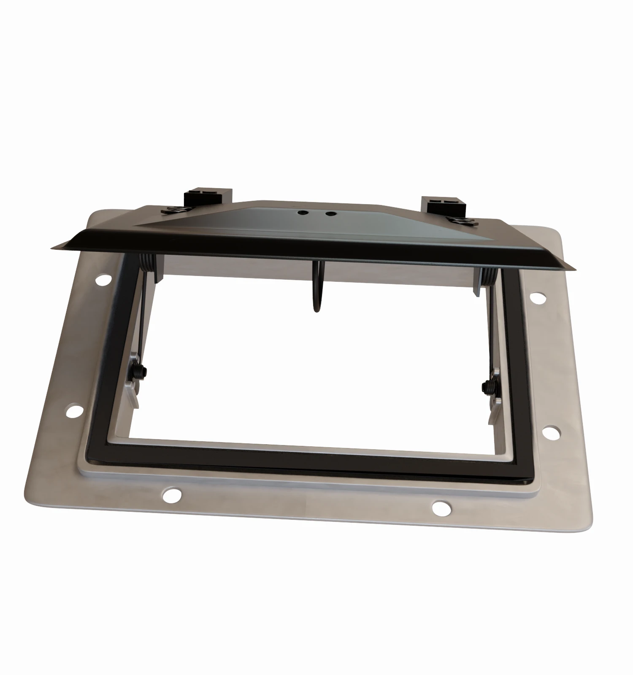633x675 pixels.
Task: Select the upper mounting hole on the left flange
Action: click(103, 279)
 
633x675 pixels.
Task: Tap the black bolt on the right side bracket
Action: click(490, 386)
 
